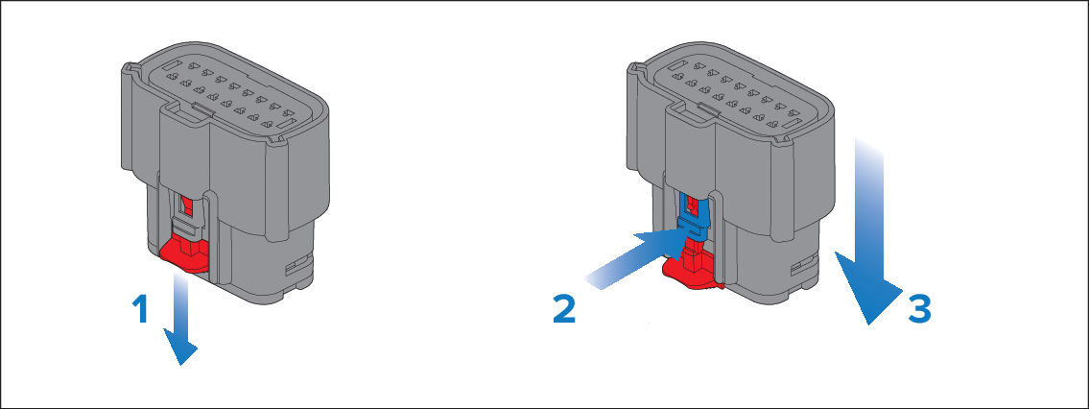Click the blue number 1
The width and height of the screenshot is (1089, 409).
[141, 310]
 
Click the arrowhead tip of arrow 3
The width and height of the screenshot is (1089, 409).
[868, 325]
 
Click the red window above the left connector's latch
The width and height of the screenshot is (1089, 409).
[185, 204]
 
